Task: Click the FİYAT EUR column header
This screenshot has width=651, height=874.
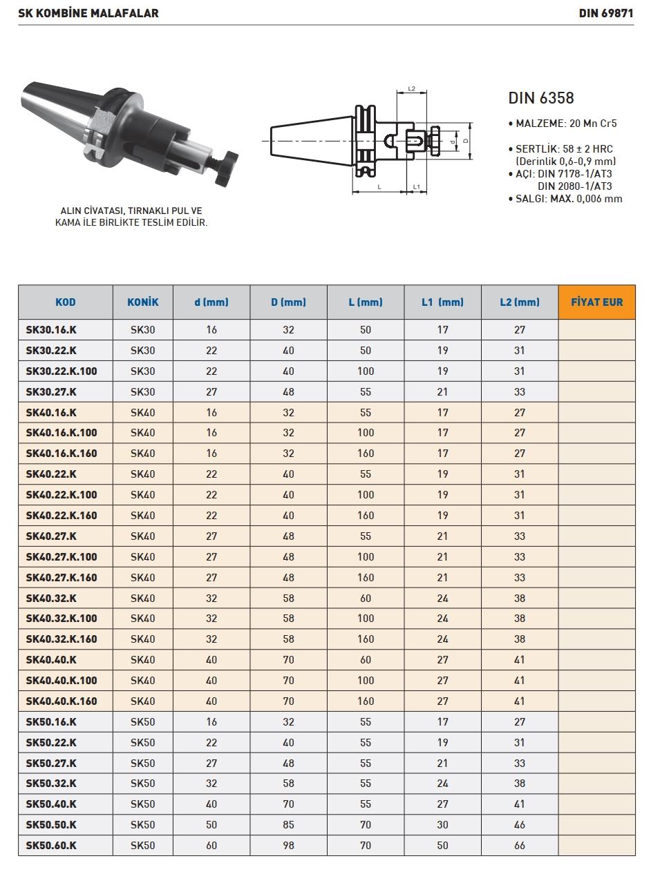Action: point(596,302)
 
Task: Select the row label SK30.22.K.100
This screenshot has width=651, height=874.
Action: point(62,371)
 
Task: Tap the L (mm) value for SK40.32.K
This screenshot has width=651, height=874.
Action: point(366,598)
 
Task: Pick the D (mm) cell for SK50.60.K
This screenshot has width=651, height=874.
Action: point(288,845)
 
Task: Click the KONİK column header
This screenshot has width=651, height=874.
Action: point(143,302)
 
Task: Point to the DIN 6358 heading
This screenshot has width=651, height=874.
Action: point(541,98)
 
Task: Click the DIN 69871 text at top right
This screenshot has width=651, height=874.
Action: point(606,13)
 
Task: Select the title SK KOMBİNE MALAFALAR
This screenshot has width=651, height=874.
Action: point(88,13)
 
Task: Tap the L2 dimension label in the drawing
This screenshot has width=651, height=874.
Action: point(411,89)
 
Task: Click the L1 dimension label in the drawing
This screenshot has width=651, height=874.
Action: point(417,187)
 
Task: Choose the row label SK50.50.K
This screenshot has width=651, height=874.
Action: point(51,824)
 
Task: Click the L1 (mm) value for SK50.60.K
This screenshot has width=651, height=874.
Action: point(442,845)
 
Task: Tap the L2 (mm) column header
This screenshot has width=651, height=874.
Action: point(520,302)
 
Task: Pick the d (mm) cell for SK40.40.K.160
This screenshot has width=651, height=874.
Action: point(211,701)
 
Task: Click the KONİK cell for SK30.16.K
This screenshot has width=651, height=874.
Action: point(143,330)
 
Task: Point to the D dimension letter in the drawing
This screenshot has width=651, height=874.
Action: point(466,140)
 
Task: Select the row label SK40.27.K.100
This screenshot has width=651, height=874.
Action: point(62,556)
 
